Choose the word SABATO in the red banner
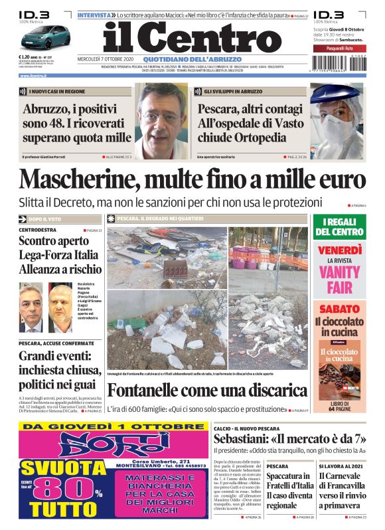coord(339,309)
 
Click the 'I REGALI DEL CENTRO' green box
coord(339,227)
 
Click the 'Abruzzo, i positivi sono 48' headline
coord(76,124)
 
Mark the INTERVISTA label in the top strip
coord(94,14)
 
